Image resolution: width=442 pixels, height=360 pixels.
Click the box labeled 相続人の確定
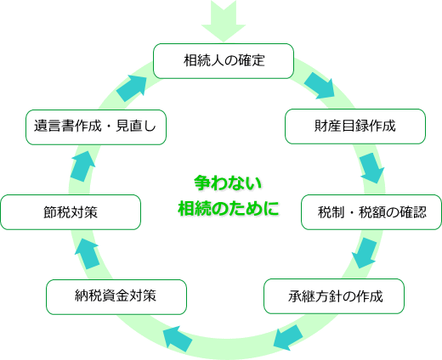224,61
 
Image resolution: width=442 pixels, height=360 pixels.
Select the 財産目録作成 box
355,127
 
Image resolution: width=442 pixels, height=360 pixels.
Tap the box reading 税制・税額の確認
371,212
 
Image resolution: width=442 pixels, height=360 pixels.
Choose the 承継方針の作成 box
334,296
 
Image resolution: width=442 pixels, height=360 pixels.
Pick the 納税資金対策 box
116,297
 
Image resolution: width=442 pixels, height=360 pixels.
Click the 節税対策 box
71,212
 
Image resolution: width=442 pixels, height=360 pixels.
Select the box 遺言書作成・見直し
96,127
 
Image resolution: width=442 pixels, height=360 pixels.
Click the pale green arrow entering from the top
224,20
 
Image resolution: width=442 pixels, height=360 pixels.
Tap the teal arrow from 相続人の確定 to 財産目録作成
320,86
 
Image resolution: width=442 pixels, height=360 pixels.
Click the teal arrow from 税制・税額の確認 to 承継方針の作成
365,253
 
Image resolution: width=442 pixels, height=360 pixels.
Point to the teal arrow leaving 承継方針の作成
288,337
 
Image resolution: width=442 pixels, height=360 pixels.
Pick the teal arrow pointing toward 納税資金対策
178,339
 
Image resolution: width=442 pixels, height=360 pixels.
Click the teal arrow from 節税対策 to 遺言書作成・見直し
83,166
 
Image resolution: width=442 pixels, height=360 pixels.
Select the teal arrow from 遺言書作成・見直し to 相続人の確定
132,88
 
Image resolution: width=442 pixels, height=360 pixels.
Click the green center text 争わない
228,183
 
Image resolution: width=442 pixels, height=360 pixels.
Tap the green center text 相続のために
229,209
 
